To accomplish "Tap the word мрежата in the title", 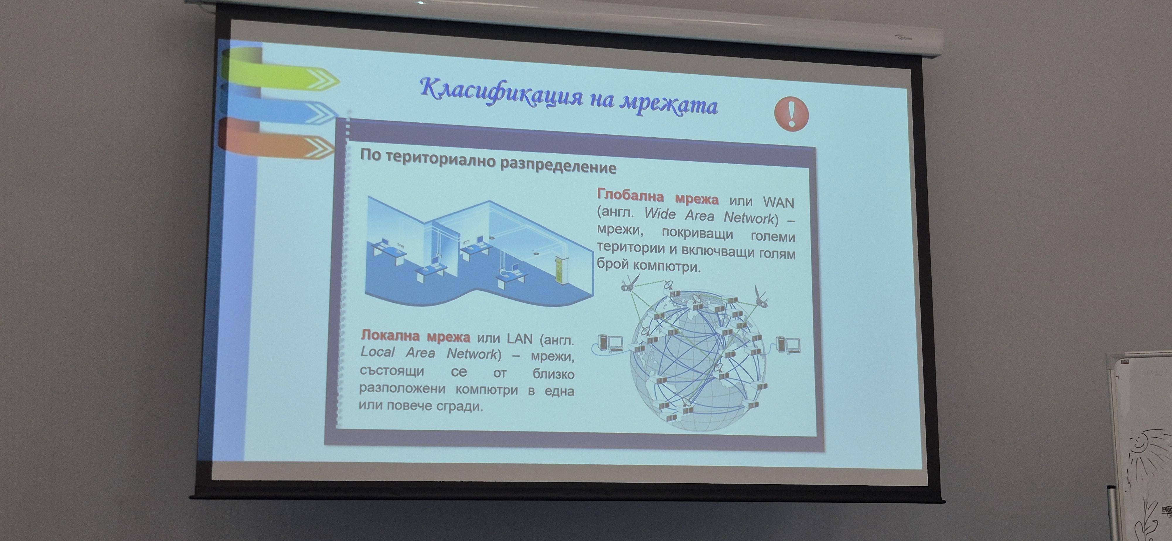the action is click(x=669, y=105).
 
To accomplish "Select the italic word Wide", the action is click(x=660, y=214).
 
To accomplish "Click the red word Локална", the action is click(x=390, y=335).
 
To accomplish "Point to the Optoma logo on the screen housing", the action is click(x=904, y=38).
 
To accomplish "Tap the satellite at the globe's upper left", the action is click(x=631, y=283).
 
